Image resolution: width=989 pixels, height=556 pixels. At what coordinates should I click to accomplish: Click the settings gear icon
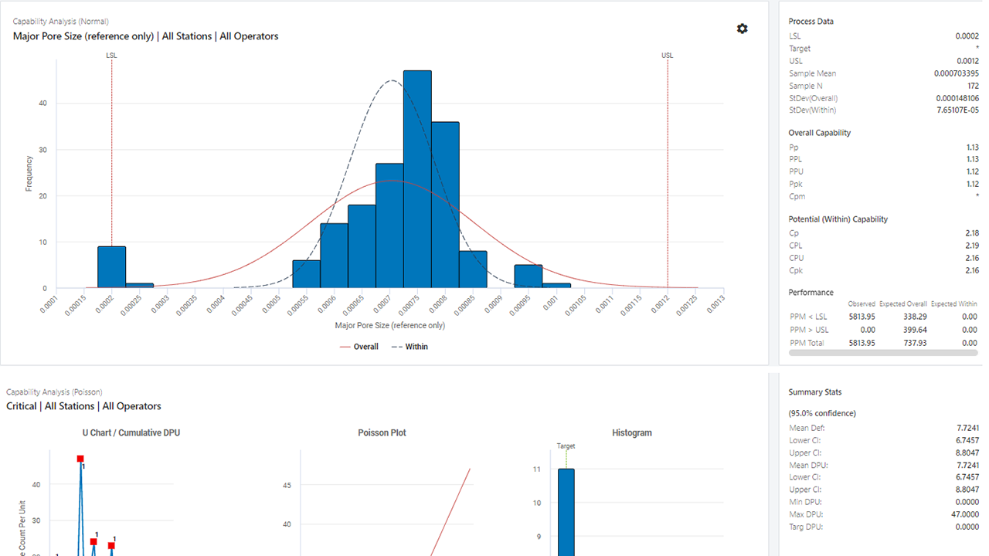(x=742, y=29)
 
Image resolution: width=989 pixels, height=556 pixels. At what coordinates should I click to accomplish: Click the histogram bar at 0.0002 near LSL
(x=111, y=267)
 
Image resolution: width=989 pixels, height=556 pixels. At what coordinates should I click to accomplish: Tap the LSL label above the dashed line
(x=111, y=56)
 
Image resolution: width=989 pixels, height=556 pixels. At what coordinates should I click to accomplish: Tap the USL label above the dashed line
(x=668, y=56)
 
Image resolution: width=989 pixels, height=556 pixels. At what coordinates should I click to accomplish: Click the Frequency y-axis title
(x=29, y=174)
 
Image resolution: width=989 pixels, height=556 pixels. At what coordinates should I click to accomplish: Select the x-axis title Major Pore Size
(x=389, y=325)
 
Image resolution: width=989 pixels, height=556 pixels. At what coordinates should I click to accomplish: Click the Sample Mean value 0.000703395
(x=956, y=73)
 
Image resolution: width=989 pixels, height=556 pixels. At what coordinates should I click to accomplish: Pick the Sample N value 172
(x=972, y=86)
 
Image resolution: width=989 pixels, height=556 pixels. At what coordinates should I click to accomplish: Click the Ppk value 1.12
(x=971, y=184)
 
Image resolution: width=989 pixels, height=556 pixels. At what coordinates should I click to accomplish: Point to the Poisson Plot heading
(x=382, y=433)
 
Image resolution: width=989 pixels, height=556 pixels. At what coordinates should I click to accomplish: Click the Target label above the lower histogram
(x=566, y=446)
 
